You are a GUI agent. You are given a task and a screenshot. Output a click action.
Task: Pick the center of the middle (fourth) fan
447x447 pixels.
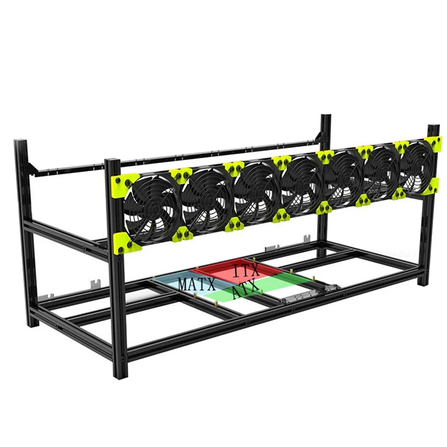tap(302, 180)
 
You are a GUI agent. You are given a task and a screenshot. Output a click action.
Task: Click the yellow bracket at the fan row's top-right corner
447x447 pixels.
tap(432, 144)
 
